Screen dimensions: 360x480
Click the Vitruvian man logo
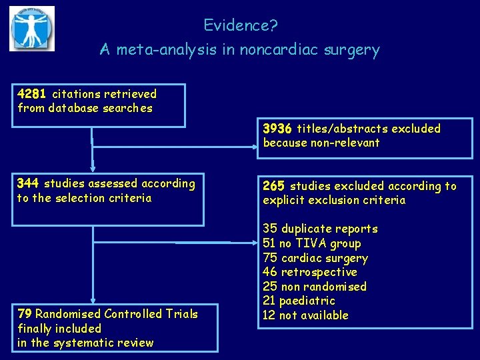point(31,28)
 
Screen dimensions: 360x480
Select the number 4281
point(32,94)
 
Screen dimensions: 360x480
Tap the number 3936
point(277,128)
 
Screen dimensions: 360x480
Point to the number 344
point(28,183)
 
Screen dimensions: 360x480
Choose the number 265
point(274,186)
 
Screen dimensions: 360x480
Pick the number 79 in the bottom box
point(25,314)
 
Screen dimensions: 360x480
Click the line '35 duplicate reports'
point(320,229)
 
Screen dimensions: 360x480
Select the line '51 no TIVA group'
point(311,244)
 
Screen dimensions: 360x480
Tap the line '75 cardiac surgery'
point(315,258)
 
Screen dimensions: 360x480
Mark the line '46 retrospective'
point(310,272)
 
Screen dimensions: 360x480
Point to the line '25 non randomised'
point(315,287)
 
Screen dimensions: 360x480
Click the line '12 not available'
point(305,315)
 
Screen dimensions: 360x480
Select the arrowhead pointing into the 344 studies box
point(93,168)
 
